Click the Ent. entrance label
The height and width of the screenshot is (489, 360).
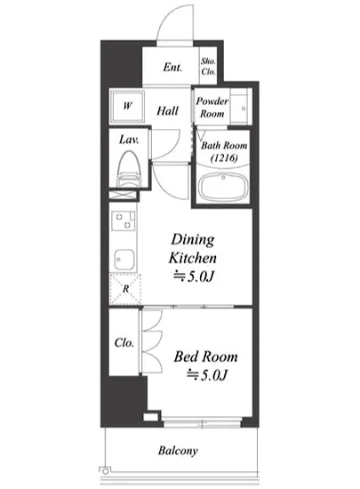(x=172, y=67)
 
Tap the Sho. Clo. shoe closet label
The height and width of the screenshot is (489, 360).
(x=208, y=67)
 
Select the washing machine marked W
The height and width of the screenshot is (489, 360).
(x=127, y=106)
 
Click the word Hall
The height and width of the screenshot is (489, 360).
(x=167, y=111)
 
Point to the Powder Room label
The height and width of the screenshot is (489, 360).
(x=212, y=108)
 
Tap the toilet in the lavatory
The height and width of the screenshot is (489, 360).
(x=128, y=169)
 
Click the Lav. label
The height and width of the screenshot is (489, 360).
(x=129, y=140)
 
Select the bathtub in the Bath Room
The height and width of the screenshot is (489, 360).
(x=223, y=187)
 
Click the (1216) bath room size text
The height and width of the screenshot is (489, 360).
(x=224, y=157)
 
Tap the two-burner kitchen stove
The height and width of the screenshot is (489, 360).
(x=124, y=220)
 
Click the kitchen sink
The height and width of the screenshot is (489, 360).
(x=124, y=260)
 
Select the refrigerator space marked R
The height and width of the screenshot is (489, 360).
(x=125, y=289)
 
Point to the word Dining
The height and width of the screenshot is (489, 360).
(x=193, y=240)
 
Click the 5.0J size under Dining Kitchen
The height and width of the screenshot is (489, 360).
(x=194, y=276)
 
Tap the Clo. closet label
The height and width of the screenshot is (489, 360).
(x=124, y=342)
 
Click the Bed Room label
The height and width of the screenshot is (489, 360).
(x=205, y=357)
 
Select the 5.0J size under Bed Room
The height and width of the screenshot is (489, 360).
(x=207, y=374)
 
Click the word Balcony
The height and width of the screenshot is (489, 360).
(x=178, y=451)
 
